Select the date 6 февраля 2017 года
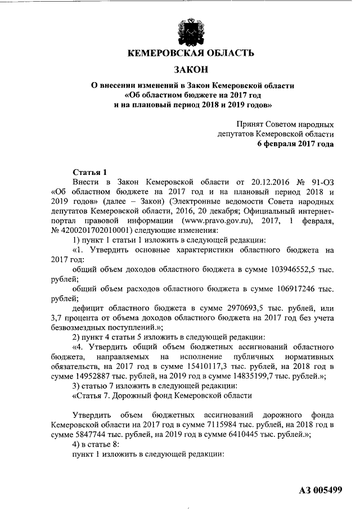[295, 143]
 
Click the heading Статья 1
[89, 172]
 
